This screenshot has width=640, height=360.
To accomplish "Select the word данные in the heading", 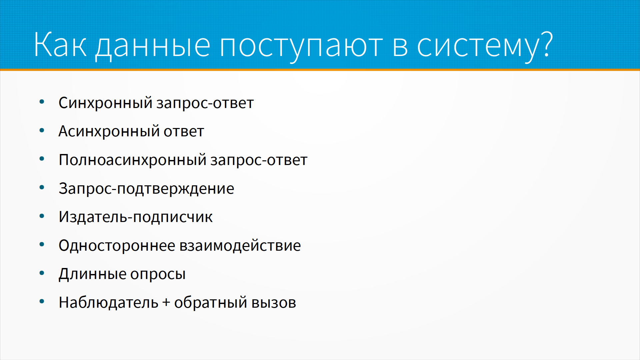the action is (153, 47).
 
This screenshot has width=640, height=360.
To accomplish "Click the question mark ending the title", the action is (547, 44).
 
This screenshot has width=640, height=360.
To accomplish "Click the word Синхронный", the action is (106, 103).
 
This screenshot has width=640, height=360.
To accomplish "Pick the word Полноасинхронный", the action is (133, 160).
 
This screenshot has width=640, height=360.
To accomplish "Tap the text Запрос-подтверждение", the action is (146, 188).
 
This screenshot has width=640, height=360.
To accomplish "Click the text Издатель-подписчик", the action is (136, 217).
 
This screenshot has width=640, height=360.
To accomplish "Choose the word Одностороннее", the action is (117, 245).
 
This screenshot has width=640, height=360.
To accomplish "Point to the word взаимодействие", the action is (240, 245).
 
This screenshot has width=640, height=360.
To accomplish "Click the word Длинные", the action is (92, 274).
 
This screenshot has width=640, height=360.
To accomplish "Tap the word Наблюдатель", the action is (108, 302).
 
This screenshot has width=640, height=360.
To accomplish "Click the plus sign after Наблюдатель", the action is (166, 303).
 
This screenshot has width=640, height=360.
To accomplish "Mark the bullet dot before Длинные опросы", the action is (42, 273).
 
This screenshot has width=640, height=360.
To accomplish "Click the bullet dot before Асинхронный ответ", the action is (42, 130).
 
